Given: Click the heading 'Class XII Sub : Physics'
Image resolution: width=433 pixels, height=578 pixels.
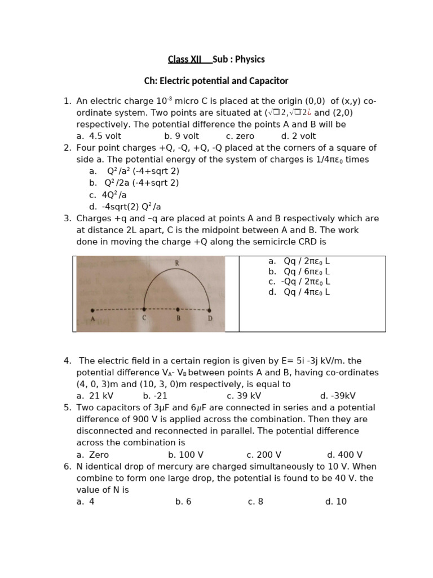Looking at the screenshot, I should tap(216, 59).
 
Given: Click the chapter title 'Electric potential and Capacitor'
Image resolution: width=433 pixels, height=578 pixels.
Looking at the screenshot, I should tap(216, 81).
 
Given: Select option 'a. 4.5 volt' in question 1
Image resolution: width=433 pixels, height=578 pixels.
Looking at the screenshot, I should tap(99, 136).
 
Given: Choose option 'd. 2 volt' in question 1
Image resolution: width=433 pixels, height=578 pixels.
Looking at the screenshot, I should tap(298, 136).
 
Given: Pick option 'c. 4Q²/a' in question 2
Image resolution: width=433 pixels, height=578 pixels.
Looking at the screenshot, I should tap(107, 195).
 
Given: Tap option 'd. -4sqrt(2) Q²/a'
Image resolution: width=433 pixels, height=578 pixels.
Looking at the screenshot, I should tap(125, 207).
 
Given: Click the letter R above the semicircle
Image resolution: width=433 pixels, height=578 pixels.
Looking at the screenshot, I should tap(177, 263).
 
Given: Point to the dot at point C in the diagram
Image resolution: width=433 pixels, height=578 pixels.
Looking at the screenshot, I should tap(144, 309).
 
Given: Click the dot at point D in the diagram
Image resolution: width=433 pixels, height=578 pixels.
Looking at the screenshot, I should tap(210, 310).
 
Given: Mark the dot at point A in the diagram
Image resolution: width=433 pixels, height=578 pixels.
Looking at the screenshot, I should tap(92, 310).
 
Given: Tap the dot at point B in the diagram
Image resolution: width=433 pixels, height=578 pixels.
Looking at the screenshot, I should tap(178, 309).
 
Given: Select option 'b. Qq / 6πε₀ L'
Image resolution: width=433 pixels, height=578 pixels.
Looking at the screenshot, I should tap(299, 272).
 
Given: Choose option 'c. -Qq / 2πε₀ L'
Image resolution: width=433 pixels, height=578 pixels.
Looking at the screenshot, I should tap(299, 282).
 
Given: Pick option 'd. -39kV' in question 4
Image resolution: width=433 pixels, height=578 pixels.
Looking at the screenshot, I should tap(338, 396).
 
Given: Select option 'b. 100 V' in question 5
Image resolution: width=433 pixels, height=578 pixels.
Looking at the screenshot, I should tap(185, 455).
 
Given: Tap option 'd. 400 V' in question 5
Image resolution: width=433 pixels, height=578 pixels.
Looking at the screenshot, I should tap(344, 455).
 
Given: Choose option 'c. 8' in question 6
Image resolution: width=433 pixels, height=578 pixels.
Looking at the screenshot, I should tap(255, 502).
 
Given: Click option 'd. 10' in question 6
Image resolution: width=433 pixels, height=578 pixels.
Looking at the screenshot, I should tap(335, 502).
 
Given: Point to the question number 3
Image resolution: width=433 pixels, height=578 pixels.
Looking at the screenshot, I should tap(67, 218).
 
